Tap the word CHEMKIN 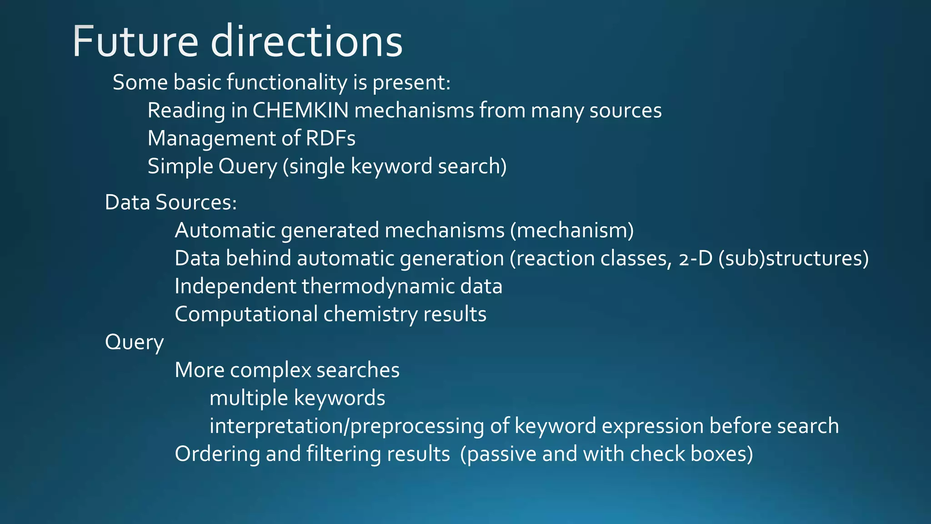click(300, 111)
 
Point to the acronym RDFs click(330, 138)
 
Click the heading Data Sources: click(171, 202)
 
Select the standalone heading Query click(134, 343)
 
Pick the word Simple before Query click(180, 166)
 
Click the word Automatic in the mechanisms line click(225, 231)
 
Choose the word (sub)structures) click(794, 258)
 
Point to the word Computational click(246, 314)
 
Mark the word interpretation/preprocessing click(346, 426)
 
